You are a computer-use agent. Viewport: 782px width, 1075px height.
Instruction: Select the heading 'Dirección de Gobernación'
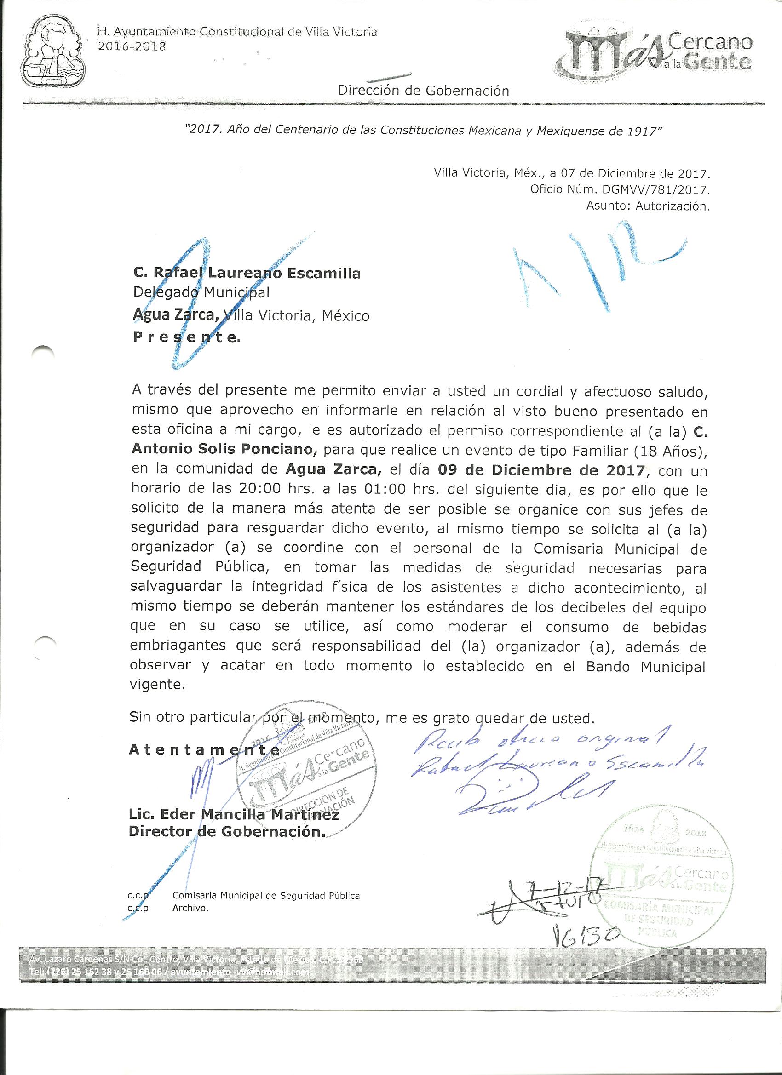pos(424,91)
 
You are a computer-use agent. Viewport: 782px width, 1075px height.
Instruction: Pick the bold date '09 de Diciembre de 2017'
pos(541,471)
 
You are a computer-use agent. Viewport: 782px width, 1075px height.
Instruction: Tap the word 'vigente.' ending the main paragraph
pos(156,685)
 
